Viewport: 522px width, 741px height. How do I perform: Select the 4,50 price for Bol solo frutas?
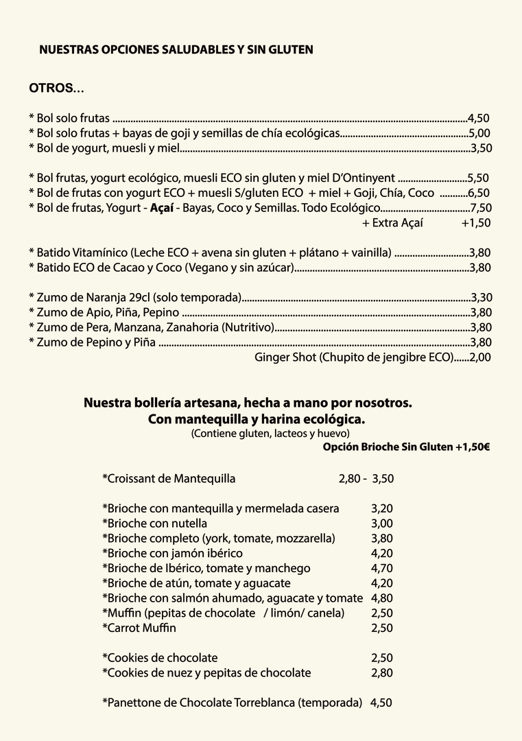[478, 118]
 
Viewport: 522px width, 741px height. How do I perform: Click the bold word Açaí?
[161, 208]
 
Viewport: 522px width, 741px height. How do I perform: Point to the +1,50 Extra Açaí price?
[475, 223]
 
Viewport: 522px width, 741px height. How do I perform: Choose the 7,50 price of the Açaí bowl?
[481, 208]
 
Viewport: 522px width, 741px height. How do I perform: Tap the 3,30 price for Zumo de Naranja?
[481, 298]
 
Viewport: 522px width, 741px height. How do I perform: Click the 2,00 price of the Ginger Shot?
[480, 357]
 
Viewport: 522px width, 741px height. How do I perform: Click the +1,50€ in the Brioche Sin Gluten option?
[472, 447]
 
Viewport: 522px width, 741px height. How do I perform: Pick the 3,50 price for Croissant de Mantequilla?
[383, 479]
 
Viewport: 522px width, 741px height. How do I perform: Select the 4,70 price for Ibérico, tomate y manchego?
[382, 568]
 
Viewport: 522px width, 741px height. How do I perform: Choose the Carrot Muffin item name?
[139, 628]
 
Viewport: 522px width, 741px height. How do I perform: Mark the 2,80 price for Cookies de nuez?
[382, 673]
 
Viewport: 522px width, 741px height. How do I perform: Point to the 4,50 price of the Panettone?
[381, 703]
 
